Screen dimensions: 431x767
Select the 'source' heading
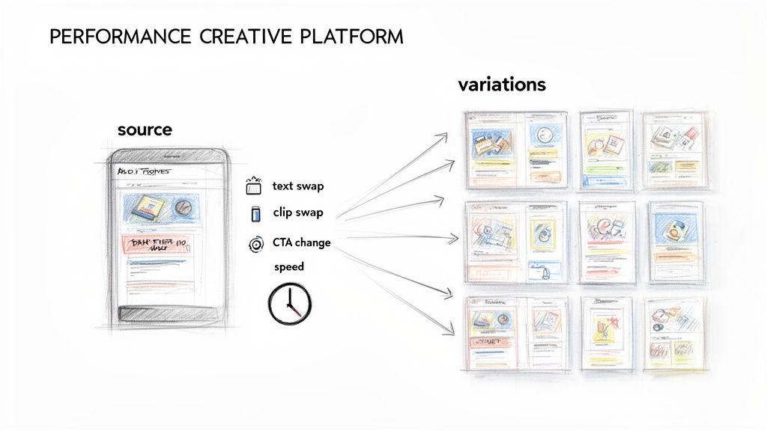(145, 129)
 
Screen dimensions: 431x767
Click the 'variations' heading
(501, 85)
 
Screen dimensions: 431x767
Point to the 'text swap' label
(298, 186)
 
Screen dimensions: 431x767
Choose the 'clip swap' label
(298, 213)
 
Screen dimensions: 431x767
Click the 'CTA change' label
(302, 242)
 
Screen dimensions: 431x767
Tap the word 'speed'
(289, 266)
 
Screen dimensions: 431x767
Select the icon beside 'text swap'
(253, 186)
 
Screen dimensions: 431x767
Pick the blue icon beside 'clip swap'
(255, 213)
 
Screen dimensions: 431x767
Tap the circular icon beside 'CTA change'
(255, 243)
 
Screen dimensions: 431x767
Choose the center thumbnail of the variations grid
(607, 241)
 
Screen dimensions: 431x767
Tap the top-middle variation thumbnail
(605, 150)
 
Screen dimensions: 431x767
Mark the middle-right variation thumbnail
(675, 241)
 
